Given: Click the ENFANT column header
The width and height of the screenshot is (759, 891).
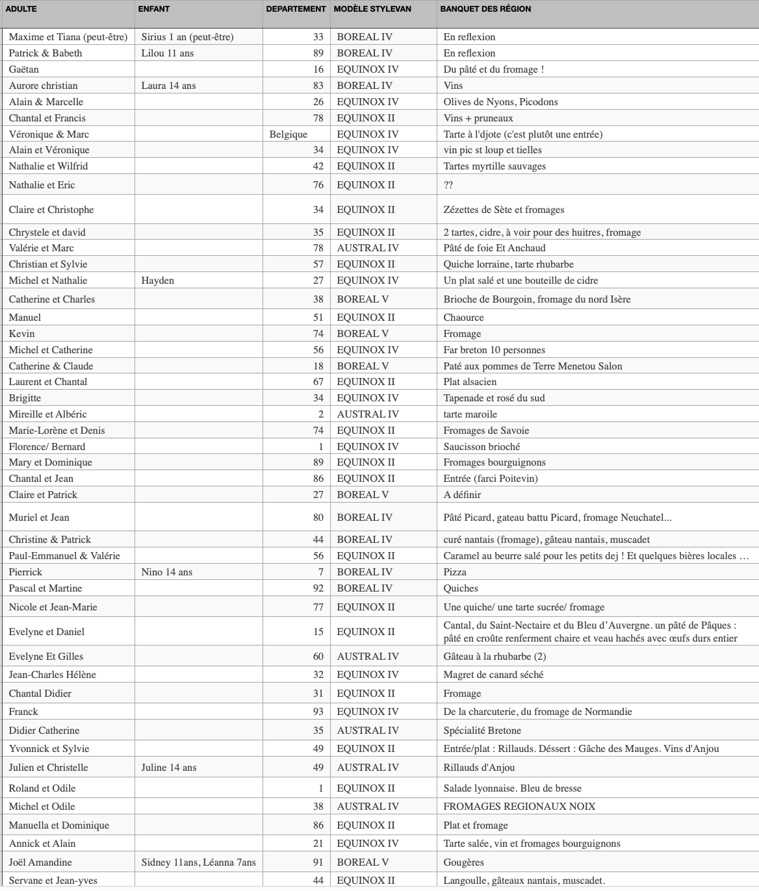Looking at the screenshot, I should pos(154,9).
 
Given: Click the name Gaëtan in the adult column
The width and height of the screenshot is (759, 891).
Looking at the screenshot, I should pos(24,69).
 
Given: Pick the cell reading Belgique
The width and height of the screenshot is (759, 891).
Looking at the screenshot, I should pos(289,134).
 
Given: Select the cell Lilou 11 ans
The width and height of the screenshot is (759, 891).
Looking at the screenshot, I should pos(168,53).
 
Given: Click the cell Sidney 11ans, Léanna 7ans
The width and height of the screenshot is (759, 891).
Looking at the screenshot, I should pos(198,862).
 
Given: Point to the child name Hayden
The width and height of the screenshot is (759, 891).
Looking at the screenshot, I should pos(157,281).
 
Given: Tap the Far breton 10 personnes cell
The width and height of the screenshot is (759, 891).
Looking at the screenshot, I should pos(494,350).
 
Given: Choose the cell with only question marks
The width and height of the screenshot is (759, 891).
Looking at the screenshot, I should pos(448,185).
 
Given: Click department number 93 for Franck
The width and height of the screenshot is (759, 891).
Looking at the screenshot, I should pos(318,712).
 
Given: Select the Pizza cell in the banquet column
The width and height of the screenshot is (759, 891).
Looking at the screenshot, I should pos(455,572).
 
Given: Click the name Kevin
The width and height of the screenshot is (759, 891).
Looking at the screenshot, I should pos(22,334).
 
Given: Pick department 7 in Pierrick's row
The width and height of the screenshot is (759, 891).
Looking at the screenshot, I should pos(320,572).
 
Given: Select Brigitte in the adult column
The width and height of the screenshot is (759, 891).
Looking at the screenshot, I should pos(25,398).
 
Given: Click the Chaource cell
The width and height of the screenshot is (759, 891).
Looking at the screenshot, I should pos(463,318).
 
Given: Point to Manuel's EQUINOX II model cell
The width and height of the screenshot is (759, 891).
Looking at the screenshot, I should pos(366,318).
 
